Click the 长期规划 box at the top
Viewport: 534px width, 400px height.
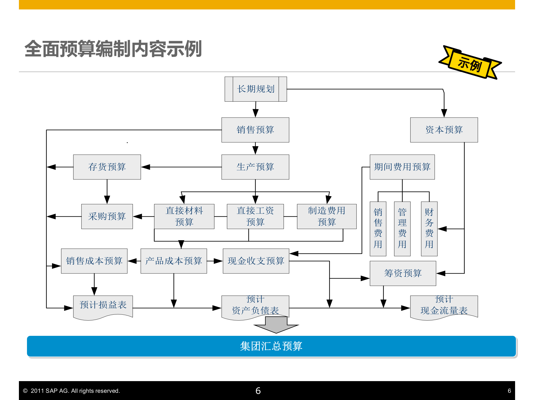pos(256,89)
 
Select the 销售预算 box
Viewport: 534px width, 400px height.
pos(255,130)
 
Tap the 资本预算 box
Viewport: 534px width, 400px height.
pos(444,130)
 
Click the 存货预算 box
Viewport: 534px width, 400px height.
pos(107,167)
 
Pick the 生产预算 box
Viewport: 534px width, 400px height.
pos(255,167)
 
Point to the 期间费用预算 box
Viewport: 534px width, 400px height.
pos(402,167)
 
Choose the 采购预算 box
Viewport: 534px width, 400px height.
pos(107,216)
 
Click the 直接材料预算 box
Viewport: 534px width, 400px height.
pos(184,216)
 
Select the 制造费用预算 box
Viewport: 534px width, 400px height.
pos(327,216)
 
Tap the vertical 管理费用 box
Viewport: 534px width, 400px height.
pos(402,229)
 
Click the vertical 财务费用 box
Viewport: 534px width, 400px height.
pos(429,229)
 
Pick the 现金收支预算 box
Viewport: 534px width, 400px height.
pos(256,261)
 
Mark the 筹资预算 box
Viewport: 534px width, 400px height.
pos(403,273)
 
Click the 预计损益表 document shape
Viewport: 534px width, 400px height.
pos(103,306)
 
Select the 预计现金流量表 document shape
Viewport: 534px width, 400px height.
pos(444,306)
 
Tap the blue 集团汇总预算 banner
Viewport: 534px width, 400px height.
pos(271,346)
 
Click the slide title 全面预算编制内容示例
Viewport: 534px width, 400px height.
pos(113,49)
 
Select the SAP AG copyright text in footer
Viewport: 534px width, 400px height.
pos(71,391)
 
